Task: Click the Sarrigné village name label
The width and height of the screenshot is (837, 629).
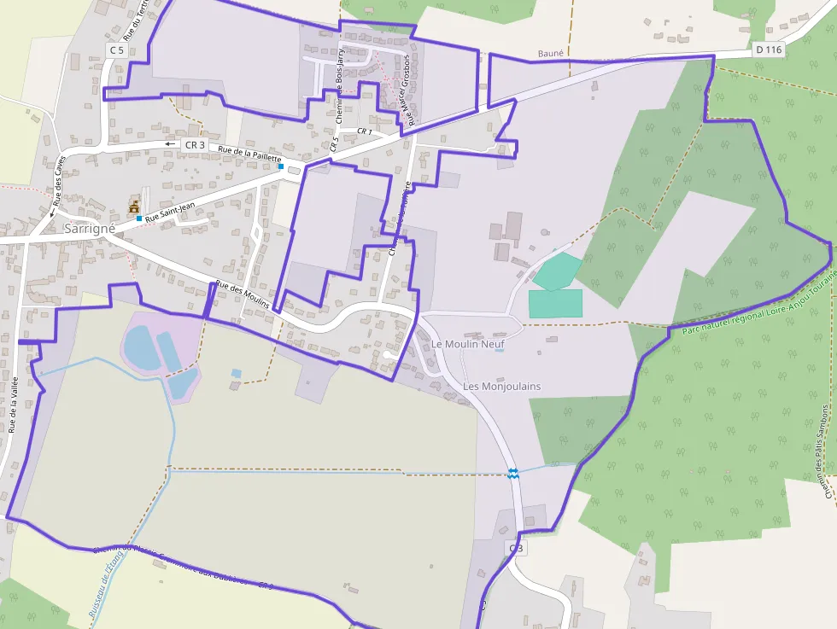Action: [x=88, y=229]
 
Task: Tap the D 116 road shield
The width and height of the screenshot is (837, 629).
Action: [x=769, y=50]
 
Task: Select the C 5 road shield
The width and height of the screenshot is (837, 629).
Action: [x=117, y=50]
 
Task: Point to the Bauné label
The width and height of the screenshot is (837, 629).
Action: [x=551, y=54]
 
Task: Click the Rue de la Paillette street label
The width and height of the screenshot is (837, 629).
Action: [x=249, y=154]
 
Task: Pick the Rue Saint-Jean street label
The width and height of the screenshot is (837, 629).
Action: [x=170, y=211]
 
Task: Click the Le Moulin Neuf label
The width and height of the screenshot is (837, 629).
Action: [x=468, y=344]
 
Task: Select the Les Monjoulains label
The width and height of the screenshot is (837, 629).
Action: [x=501, y=387]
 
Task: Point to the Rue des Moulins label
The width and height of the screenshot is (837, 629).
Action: [x=242, y=294]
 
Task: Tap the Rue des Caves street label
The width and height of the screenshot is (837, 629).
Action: [x=58, y=189]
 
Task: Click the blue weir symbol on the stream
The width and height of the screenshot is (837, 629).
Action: [x=513, y=473]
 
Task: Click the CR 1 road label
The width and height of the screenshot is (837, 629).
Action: [x=365, y=131]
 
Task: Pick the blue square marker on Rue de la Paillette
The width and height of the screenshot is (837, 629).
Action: [x=280, y=166]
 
